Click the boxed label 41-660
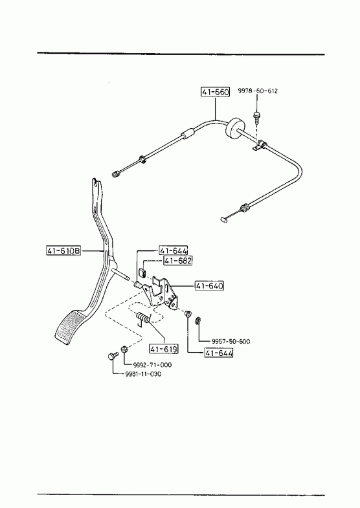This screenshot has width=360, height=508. pyautogui.click(x=215, y=92)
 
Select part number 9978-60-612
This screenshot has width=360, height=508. pyautogui.click(x=258, y=91)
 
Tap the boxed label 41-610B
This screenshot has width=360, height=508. pyautogui.click(x=64, y=250)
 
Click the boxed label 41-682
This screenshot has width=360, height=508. pyautogui.click(x=177, y=261)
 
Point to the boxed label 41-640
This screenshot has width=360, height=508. pyautogui.click(x=209, y=286)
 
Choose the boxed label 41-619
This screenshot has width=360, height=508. pyautogui.click(x=164, y=349)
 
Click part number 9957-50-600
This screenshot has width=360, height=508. pyautogui.click(x=231, y=341)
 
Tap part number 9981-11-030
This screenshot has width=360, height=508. pyautogui.click(x=143, y=374)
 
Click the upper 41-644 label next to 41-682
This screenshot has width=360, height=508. pyautogui.click(x=174, y=250)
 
